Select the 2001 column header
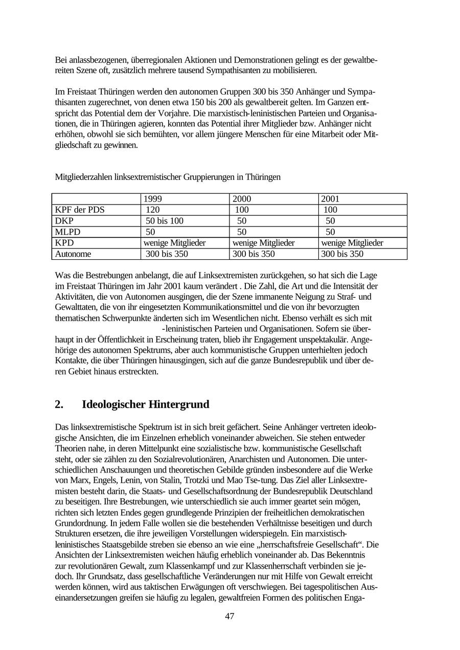[330, 199]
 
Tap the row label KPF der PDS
[80, 210]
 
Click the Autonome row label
[74, 254]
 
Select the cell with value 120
[153, 210]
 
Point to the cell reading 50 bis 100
[165, 221]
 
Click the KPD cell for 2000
[263, 243]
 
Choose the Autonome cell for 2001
[342, 254]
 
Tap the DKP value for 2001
[330, 221]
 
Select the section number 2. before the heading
[59, 405]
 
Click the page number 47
[229, 616]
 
